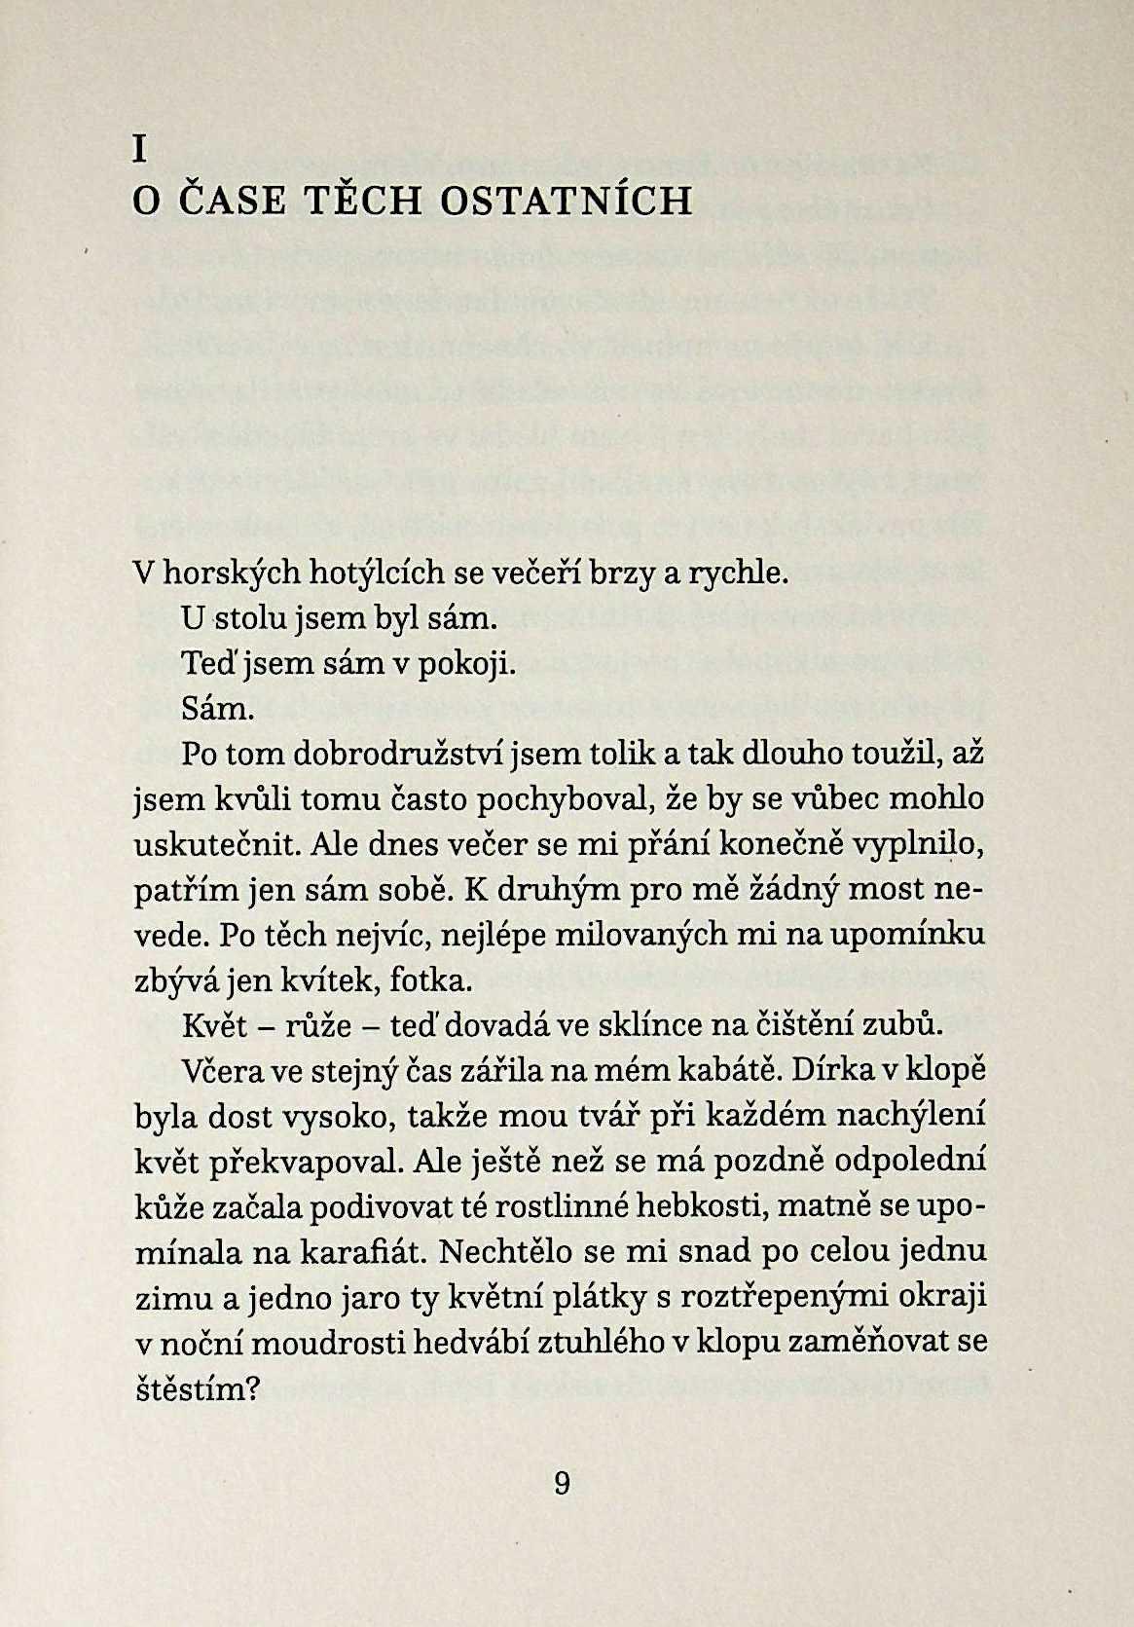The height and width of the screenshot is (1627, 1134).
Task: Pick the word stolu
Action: click(250, 618)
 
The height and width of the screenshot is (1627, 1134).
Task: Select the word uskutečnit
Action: click(217, 845)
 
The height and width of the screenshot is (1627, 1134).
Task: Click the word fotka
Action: click(429, 980)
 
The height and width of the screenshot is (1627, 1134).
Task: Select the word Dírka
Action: click(829, 1071)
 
